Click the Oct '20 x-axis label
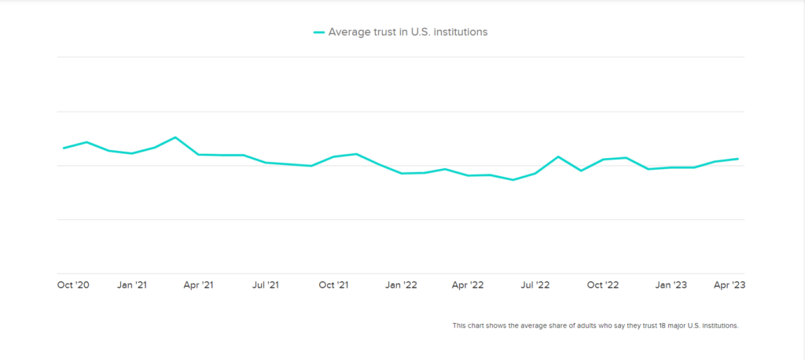(73, 285)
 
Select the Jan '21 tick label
(131, 285)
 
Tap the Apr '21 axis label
(198, 285)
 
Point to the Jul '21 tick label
(266, 285)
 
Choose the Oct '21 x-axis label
(333, 285)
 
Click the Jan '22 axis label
(401, 285)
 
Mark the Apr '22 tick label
(469, 285)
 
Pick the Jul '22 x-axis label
(536, 285)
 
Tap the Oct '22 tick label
(603, 285)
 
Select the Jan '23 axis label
(671, 285)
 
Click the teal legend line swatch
(318, 32)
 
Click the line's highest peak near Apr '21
(175, 138)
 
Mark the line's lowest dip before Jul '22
(513, 180)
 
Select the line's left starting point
(64, 148)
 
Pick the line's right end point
(737, 159)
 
